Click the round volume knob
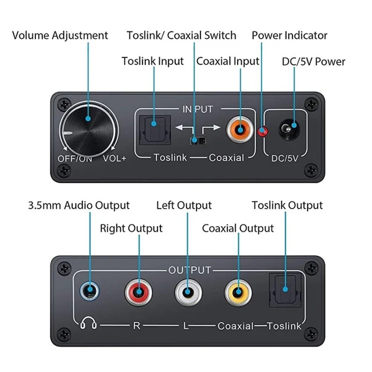88,130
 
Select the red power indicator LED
262,131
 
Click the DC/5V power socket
289,129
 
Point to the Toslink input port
155,130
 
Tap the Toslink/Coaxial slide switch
198,140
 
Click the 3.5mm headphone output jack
90,291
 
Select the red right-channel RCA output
138,292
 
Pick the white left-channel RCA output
188,292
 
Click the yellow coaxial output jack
238,292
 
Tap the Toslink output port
285,290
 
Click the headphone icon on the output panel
88,323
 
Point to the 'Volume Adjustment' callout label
60,35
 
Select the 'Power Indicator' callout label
289,35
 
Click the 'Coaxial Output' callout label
238,228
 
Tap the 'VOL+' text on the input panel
115,159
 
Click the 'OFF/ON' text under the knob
75,159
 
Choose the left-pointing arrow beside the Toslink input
184,130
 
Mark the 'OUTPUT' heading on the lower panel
189,270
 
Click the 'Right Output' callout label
131,228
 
